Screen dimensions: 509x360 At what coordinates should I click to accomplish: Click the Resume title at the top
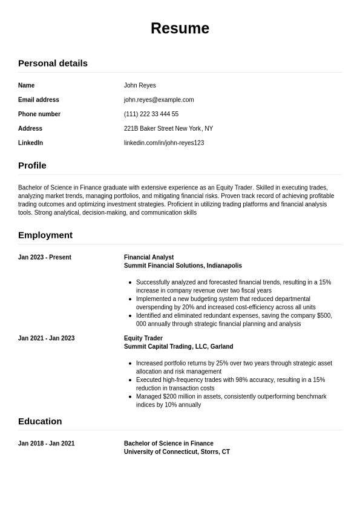coord(180,28)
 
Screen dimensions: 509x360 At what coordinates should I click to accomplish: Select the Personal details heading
coord(53,63)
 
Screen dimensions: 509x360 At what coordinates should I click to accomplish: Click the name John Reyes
coord(140,85)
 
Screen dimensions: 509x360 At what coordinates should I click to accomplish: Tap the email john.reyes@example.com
coord(159,100)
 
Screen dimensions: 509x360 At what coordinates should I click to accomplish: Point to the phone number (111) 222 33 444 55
coord(151,114)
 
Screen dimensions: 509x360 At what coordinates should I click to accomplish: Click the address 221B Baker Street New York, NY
coord(168,128)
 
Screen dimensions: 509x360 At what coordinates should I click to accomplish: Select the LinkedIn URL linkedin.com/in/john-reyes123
coord(163,143)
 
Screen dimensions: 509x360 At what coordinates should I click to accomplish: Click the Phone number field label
coord(39,114)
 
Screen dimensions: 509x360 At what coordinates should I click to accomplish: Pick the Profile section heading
coord(32,165)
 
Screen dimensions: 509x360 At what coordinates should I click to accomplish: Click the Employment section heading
coord(45,235)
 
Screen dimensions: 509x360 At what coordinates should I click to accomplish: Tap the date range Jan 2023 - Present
coord(45,257)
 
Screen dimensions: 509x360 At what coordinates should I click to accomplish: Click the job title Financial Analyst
coord(149,257)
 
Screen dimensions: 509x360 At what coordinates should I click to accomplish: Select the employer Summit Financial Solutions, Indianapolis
coord(183,266)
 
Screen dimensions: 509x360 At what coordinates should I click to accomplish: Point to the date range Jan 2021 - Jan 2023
coord(46,338)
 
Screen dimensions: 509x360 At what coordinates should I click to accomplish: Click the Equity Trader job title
coord(143,338)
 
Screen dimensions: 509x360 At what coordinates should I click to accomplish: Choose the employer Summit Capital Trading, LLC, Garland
coord(178,347)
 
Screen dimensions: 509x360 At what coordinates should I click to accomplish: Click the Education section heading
coord(40,421)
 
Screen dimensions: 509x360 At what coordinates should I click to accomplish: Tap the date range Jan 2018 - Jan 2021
coord(46,444)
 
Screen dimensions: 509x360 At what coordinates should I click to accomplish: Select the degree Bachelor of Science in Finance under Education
coord(169,444)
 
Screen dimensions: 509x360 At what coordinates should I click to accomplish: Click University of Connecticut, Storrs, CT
coord(177,452)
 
